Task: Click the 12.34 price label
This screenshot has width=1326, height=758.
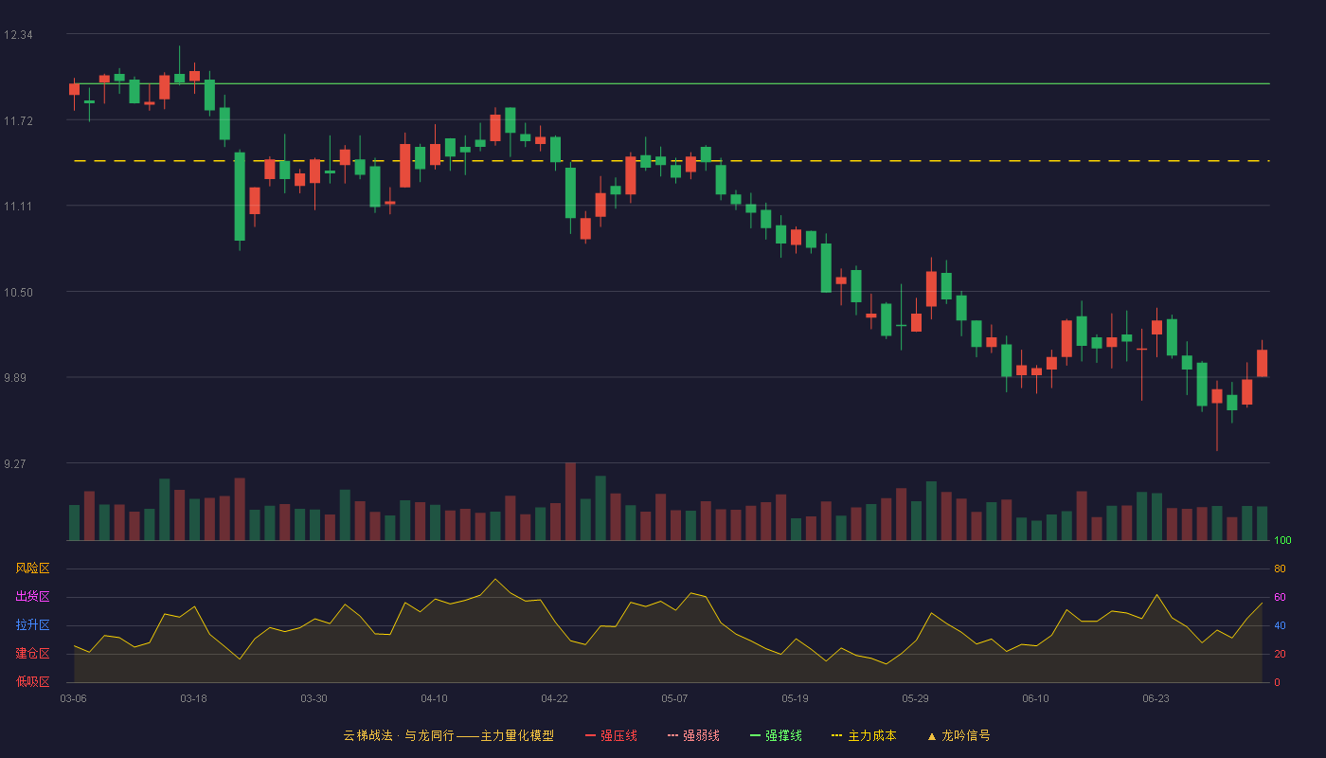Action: coord(18,35)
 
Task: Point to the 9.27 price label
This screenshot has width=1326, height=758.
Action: coord(15,463)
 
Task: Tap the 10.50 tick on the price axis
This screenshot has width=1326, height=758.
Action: coord(18,293)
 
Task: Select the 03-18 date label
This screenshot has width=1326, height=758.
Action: coord(193,699)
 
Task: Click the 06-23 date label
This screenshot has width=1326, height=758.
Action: coord(1156,699)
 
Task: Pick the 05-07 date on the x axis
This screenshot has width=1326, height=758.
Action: coord(674,699)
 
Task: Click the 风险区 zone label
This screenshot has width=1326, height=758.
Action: coord(32,568)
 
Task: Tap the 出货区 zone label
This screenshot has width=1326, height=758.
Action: coord(32,596)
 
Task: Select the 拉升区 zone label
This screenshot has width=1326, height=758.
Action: coord(32,624)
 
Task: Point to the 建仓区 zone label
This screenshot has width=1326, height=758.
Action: coord(32,653)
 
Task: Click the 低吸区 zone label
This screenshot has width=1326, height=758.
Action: coord(32,681)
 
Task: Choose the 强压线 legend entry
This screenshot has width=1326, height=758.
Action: coord(611,735)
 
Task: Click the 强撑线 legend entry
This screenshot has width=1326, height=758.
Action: coord(776,735)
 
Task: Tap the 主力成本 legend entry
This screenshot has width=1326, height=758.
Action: coord(864,735)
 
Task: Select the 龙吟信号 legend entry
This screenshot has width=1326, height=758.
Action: coord(959,735)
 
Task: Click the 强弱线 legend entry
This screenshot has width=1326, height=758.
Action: coord(693,735)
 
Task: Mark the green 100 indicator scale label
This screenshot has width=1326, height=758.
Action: coord(1282,540)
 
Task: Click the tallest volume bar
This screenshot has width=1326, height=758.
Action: coord(570,501)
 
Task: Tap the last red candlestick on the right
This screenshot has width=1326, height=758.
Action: coord(1262,363)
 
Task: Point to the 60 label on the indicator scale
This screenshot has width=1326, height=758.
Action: coord(1280,597)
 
